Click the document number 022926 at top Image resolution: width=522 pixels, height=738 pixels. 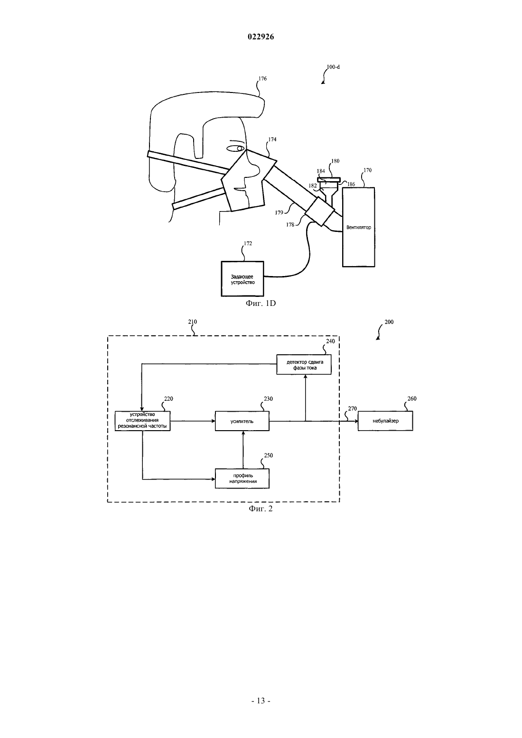[x=261, y=37]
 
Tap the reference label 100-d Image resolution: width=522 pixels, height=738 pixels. [x=333, y=67]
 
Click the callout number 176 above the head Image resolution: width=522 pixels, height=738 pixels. [x=262, y=78]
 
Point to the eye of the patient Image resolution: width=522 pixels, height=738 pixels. [x=236, y=148]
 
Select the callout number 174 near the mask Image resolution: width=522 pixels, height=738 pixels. [x=272, y=139]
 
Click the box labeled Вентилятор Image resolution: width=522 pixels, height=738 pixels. [x=359, y=227]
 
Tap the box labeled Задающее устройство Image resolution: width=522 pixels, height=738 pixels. [x=242, y=279]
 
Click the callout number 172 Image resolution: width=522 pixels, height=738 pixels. [x=248, y=243]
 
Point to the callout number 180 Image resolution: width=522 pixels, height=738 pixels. [x=335, y=161]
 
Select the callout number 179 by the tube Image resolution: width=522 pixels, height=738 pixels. [x=279, y=212]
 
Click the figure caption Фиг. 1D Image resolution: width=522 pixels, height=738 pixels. [x=261, y=303]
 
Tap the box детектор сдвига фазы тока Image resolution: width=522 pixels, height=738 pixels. [x=304, y=364]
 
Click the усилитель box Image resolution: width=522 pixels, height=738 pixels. [x=242, y=421]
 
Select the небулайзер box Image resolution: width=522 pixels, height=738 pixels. [x=385, y=421]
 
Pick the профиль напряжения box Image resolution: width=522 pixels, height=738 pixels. [x=242, y=478]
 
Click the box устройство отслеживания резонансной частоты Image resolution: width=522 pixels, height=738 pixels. [x=142, y=421]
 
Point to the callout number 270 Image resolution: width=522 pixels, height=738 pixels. [x=352, y=408]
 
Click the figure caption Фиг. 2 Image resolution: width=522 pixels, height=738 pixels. [x=261, y=509]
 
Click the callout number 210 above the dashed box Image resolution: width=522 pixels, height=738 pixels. [x=193, y=322]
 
